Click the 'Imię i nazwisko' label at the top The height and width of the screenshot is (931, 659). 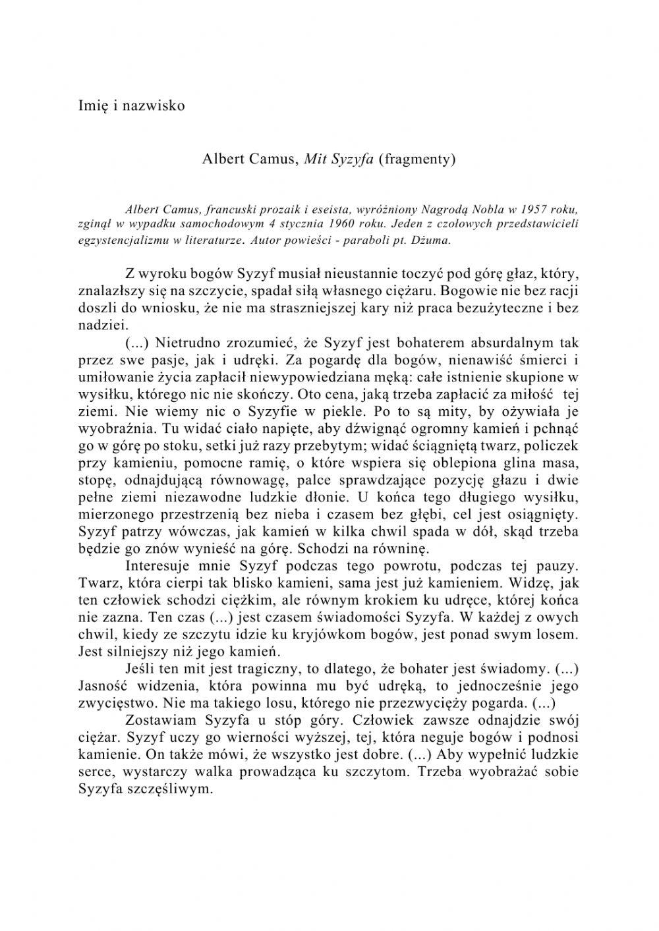click(131, 105)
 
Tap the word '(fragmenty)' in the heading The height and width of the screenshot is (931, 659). click(417, 159)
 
